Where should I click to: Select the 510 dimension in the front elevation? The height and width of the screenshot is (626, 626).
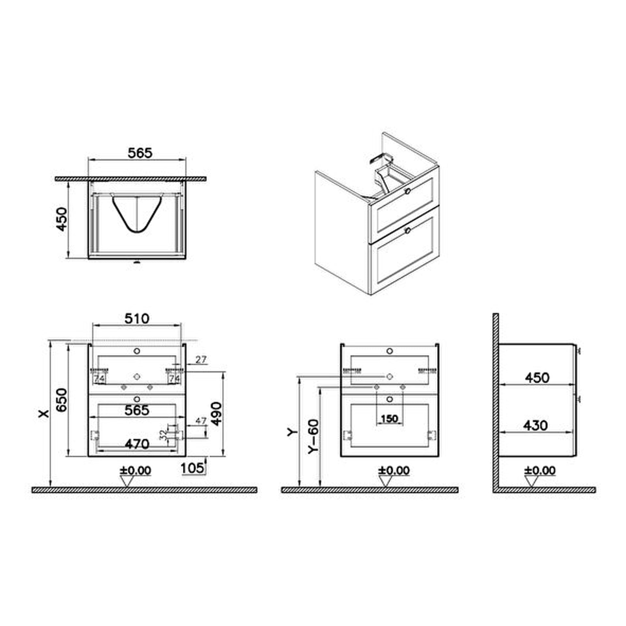click(137, 318)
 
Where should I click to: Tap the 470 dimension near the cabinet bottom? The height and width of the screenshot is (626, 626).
click(137, 444)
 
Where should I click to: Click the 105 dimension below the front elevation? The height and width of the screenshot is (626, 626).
click(192, 468)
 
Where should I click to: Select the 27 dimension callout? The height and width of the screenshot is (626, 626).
click(201, 360)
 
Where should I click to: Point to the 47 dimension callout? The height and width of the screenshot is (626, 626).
click(201, 421)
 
